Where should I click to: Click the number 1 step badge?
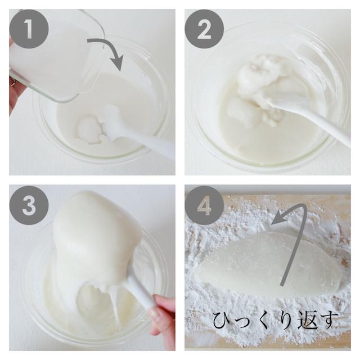coord(29,29)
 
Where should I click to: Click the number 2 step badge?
coord(204,29)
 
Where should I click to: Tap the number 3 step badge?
coord(29,205)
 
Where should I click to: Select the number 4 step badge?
coord(204,205)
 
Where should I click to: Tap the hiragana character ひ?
coord(222,319)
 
